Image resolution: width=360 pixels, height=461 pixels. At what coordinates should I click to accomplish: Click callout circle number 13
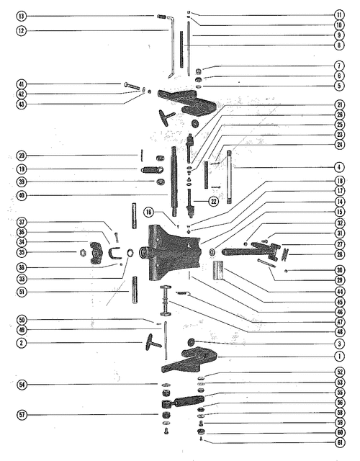click(21, 16)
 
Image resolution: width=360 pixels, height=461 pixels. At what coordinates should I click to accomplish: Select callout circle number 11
click(339, 14)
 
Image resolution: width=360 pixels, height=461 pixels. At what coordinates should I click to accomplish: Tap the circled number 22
click(214, 202)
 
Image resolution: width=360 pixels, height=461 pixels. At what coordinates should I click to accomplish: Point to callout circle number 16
click(149, 212)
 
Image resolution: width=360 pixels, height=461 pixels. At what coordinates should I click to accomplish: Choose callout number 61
click(340, 442)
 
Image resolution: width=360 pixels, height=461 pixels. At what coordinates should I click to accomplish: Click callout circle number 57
click(22, 415)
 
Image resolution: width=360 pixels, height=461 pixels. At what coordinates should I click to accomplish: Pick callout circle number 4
click(339, 168)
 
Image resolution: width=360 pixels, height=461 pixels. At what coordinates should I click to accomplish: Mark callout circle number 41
click(21, 84)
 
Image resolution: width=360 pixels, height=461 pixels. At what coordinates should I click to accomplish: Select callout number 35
click(21, 252)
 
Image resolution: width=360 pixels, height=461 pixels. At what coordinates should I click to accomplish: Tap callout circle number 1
click(339, 357)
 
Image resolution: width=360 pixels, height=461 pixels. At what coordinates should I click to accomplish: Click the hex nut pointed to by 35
click(84, 252)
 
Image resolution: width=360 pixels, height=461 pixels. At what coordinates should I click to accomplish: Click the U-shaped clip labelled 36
click(113, 254)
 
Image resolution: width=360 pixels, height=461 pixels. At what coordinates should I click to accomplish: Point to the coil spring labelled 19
click(151, 170)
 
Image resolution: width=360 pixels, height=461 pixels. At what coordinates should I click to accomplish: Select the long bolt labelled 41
click(131, 86)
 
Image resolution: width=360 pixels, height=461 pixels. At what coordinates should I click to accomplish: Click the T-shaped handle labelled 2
click(153, 342)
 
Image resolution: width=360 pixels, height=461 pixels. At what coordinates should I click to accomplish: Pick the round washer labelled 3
click(192, 341)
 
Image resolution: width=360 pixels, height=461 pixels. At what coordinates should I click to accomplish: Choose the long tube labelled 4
click(229, 176)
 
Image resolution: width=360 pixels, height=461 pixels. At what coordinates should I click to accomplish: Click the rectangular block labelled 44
click(218, 270)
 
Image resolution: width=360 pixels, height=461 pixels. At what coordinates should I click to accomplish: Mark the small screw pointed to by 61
click(201, 439)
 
